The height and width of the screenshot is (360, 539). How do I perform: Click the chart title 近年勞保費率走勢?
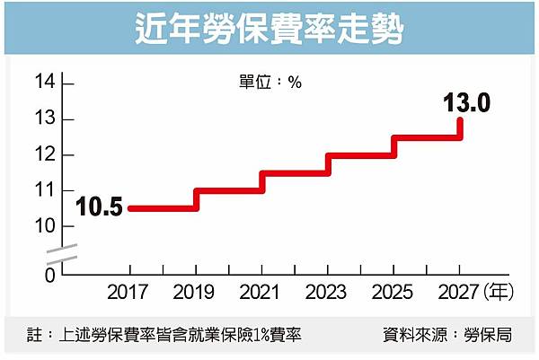(x=269, y=29)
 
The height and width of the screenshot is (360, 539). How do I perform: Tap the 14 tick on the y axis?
(x=46, y=83)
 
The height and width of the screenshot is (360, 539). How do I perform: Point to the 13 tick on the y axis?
(x=46, y=119)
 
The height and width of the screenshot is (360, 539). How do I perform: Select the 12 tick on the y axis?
(x=46, y=155)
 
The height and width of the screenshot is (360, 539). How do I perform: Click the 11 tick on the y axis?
(x=46, y=191)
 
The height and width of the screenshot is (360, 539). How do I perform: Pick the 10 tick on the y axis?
(x=46, y=226)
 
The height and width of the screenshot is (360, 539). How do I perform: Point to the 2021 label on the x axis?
(x=262, y=294)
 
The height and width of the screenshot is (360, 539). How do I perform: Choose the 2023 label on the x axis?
(x=328, y=294)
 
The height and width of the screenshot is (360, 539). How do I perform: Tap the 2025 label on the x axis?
(x=393, y=294)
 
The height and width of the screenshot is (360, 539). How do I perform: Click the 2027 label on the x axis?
(x=459, y=294)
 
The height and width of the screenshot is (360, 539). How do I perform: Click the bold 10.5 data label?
(x=99, y=208)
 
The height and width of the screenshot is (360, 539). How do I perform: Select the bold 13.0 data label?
(x=466, y=102)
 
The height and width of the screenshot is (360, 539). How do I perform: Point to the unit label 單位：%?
(x=269, y=82)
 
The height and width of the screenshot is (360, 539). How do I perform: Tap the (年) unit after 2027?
(x=499, y=294)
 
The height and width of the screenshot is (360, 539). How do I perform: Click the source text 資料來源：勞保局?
(x=447, y=336)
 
